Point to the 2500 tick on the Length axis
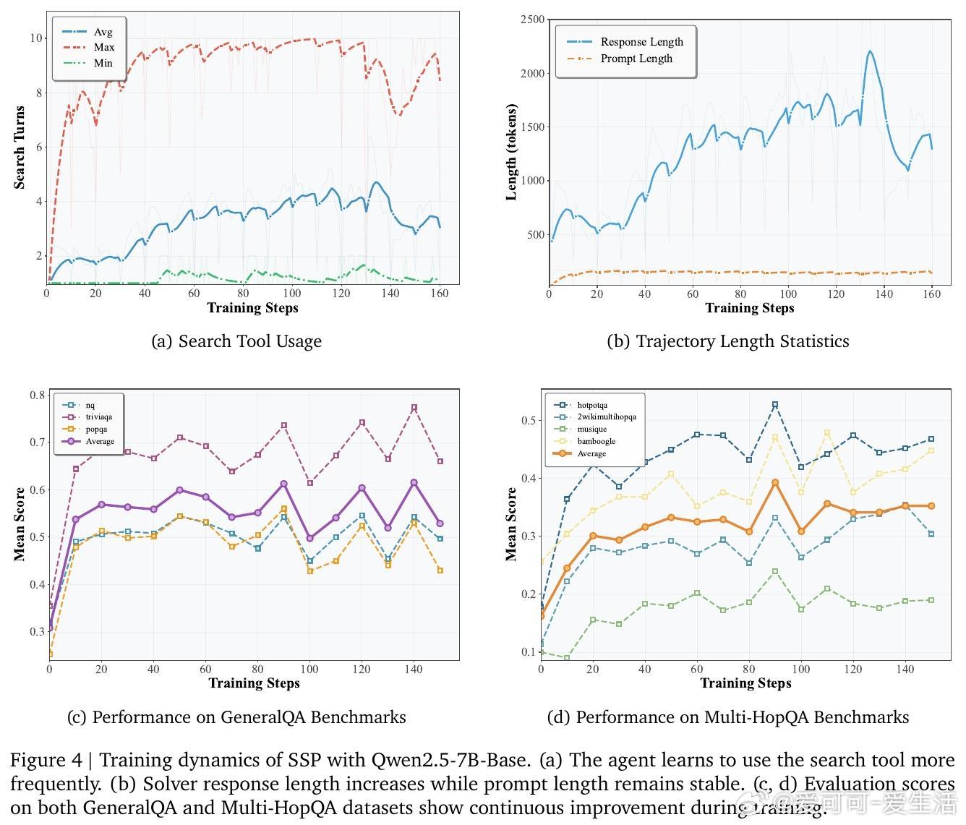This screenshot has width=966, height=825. [x=532, y=20]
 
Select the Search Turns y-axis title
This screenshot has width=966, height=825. [x=20, y=148]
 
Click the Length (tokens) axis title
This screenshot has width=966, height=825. [x=511, y=152]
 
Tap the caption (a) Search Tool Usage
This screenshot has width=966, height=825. [x=236, y=341]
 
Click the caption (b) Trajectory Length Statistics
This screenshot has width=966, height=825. [x=727, y=341]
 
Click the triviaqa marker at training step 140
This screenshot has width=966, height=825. [x=414, y=408]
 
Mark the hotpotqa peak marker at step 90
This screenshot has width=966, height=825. [x=775, y=405]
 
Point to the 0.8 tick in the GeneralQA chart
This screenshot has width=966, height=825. [x=38, y=395]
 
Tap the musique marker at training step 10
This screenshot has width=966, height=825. [x=567, y=658]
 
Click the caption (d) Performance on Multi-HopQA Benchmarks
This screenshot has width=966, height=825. [x=727, y=717]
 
